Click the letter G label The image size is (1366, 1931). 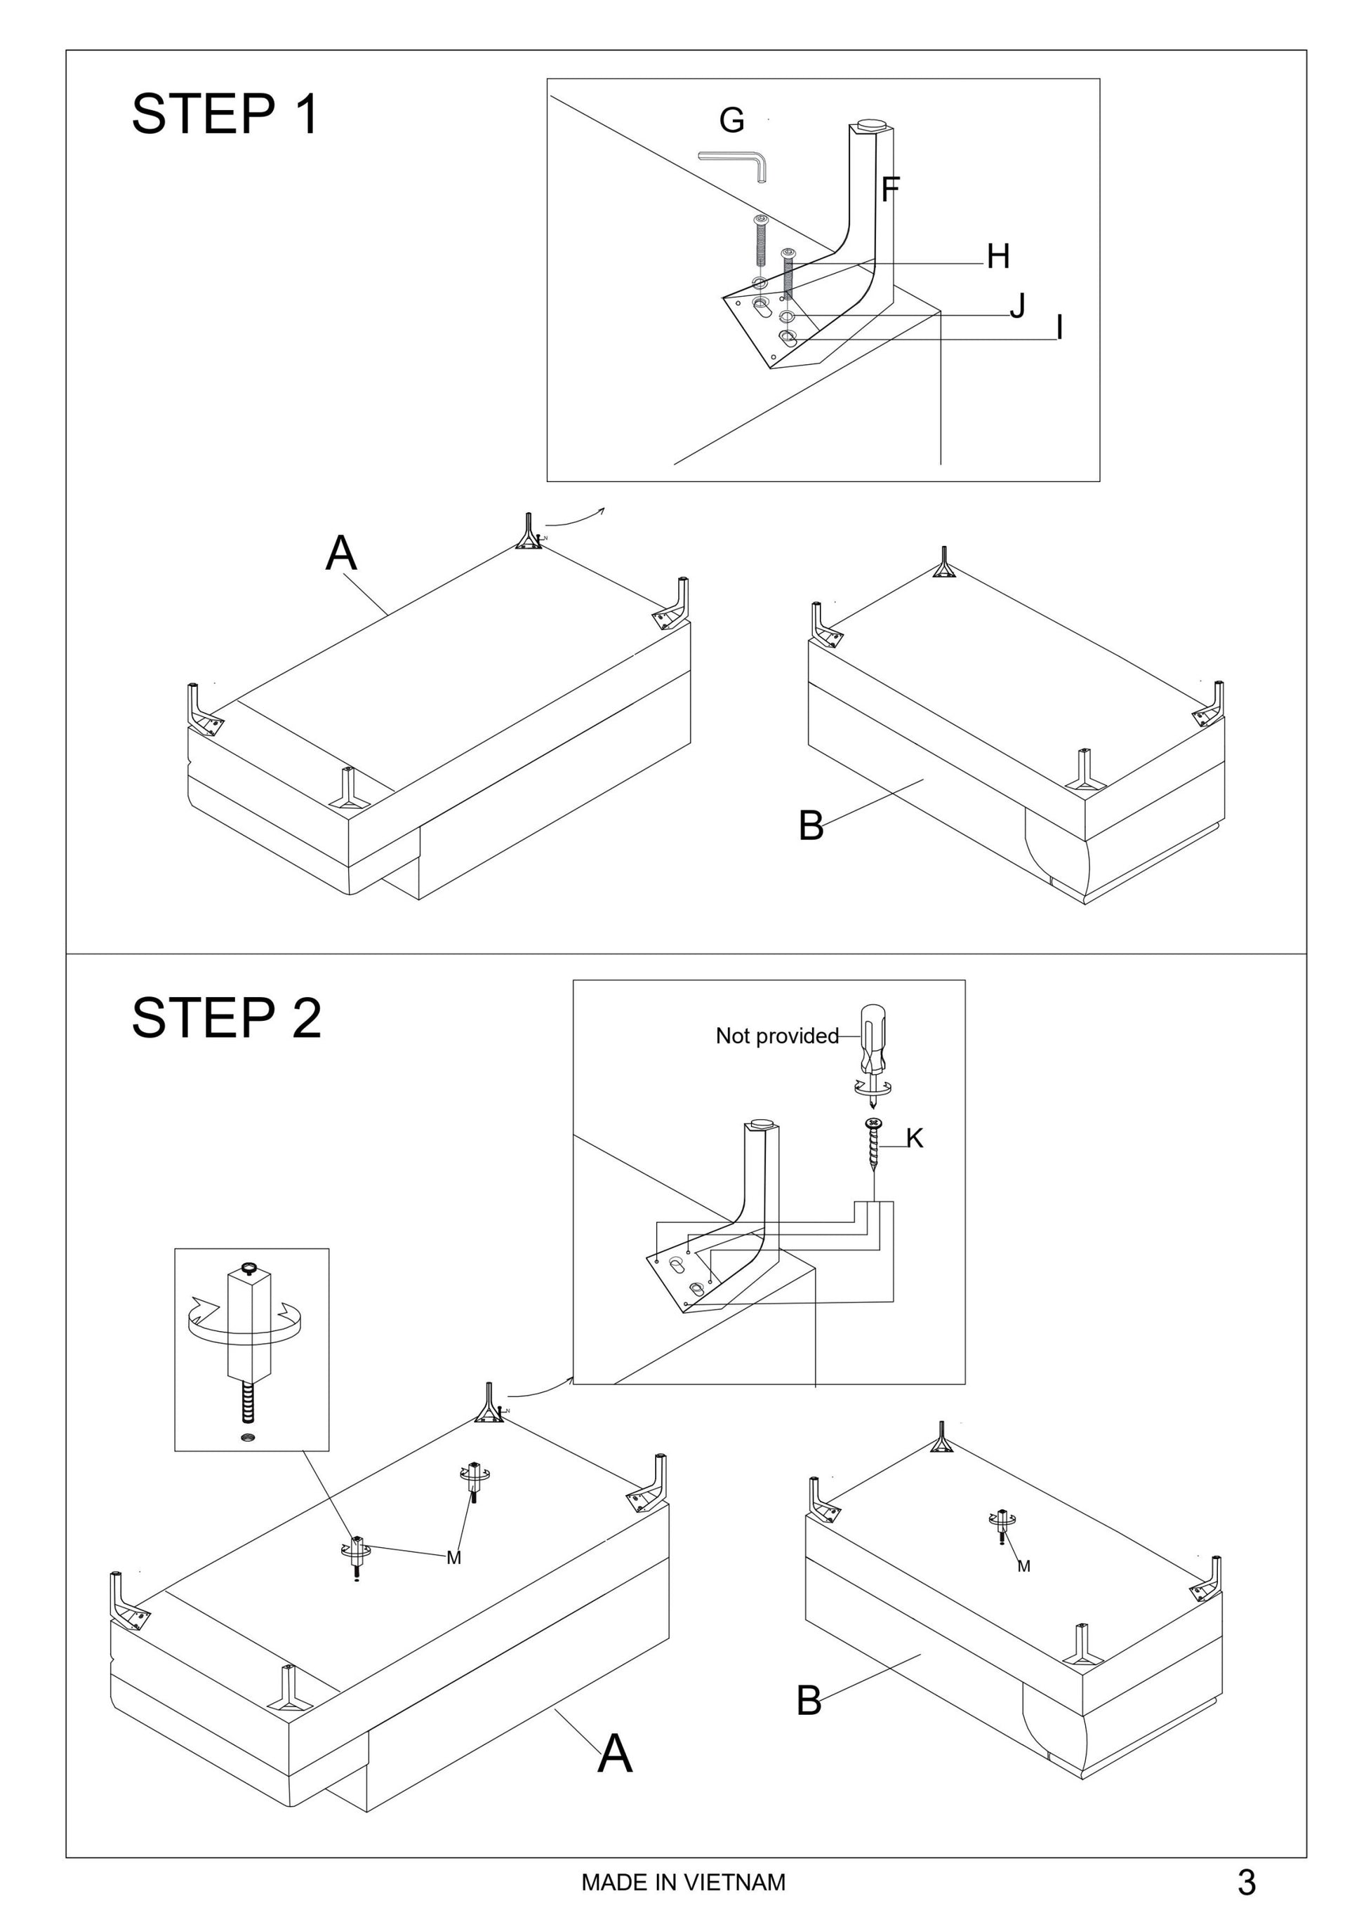click(731, 120)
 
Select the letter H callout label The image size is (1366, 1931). click(997, 257)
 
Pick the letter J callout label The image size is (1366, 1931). click(1018, 305)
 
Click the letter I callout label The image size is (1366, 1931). click(1059, 328)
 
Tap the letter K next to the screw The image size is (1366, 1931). click(915, 1138)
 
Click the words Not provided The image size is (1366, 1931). click(776, 1036)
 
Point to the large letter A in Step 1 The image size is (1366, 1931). click(340, 554)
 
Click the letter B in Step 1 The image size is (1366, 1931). click(811, 825)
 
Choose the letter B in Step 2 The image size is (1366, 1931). click(809, 1701)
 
